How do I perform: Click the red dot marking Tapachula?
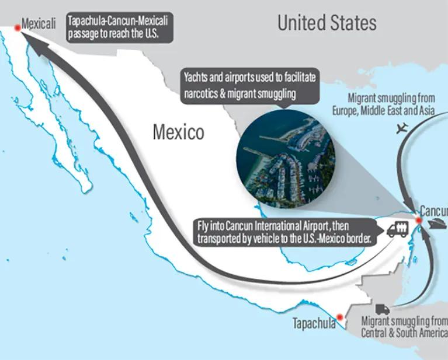coord(339,316)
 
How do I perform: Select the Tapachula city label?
coord(314,323)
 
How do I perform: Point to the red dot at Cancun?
coord(418,220)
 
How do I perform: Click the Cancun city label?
coord(433,211)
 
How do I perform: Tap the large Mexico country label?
coord(178,132)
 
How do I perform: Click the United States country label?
coord(327,23)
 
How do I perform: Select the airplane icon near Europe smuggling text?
coord(402,128)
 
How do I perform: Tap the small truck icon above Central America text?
coord(383,309)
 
